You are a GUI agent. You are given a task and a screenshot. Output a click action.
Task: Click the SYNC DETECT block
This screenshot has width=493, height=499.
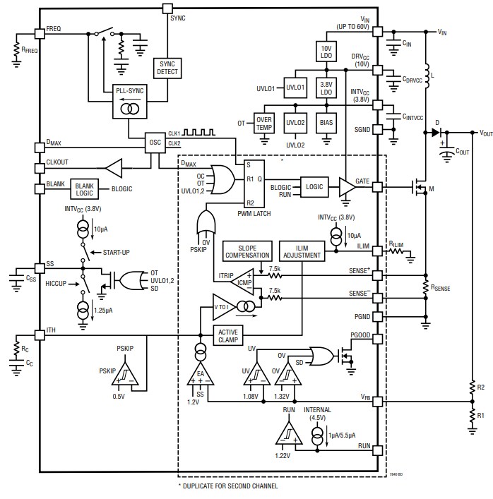coord(167,67)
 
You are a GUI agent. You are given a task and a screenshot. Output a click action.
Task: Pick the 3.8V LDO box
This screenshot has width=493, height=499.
coord(326,88)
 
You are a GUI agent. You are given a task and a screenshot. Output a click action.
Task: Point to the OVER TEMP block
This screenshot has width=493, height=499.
coord(263,122)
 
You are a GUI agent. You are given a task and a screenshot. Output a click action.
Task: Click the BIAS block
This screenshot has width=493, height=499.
coord(326,122)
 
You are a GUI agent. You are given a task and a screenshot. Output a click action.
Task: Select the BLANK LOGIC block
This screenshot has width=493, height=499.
coord(84,188)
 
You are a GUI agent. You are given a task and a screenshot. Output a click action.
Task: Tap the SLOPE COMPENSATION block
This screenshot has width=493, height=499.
coord(246,251)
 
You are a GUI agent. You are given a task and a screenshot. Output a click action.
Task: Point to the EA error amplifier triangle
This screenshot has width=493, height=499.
coord(201,375)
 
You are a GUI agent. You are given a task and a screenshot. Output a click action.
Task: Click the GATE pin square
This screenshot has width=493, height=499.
coord(377,186)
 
